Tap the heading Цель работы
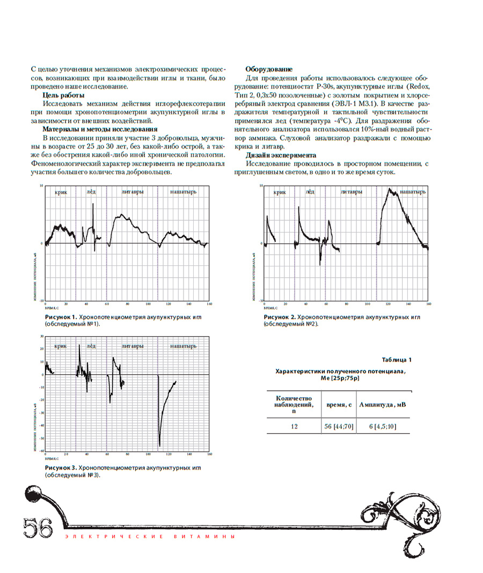[61, 95]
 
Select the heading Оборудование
[269, 69]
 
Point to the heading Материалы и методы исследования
[100, 129]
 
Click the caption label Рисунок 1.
[61, 317]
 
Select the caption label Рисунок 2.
[279, 317]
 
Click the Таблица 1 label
[397, 359]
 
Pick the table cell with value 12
[294, 426]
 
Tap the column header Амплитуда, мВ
[383, 405]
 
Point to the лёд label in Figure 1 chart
[91, 192]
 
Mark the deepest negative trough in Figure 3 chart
[159, 445]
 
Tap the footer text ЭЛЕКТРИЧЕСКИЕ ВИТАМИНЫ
[149, 537]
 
